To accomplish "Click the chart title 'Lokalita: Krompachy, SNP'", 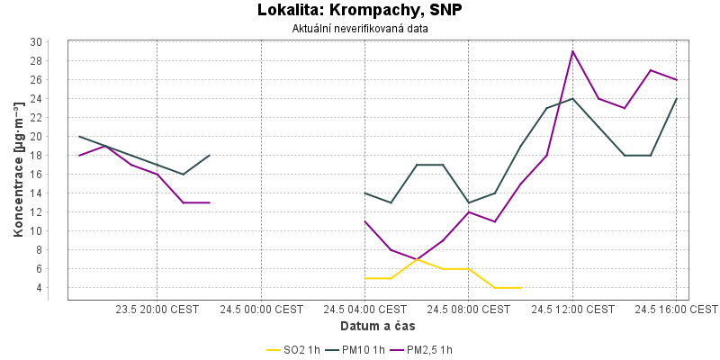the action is click(x=359, y=10).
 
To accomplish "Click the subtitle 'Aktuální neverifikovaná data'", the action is click(x=360, y=29).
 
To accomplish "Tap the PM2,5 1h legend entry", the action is click(x=423, y=350).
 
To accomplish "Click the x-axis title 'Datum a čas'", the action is click(x=377, y=326).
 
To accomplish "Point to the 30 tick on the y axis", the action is click(x=37, y=42).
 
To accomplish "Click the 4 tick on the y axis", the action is click(x=40, y=288).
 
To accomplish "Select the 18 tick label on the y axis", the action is click(x=37, y=156).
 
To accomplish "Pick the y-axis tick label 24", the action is click(x=37, y=99).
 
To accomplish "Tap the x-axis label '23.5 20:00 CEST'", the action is click(x=157, y=310).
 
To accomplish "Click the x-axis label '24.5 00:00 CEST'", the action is click(x=261, y=310).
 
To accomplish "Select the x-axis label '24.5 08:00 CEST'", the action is click(x=468, y=310).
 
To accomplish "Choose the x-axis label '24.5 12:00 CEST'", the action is click(x=572, y=310).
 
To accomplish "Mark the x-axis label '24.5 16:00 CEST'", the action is click(x=677, y=310).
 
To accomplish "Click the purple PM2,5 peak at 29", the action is click(x=572, y=51).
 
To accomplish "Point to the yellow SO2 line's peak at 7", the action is click(x=417, y=259).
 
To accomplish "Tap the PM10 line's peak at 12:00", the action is click(x=572, y=99).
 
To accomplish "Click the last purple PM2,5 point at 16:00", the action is click(x=677, y=80).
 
